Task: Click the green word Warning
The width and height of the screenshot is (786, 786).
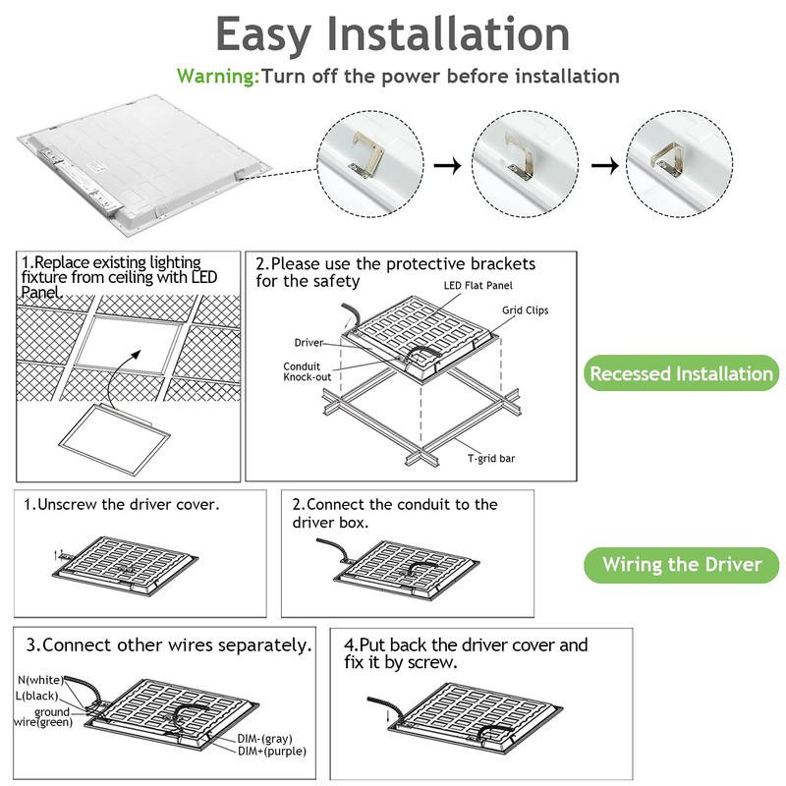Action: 217,76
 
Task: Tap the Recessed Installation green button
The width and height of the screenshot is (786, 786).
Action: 681,373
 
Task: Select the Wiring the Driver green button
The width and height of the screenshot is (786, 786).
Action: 681,564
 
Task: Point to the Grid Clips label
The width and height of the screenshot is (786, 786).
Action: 525,310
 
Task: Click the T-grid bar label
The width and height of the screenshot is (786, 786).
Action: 492,458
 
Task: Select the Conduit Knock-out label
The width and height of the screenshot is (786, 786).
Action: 303,370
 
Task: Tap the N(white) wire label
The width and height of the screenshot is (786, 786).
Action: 39,680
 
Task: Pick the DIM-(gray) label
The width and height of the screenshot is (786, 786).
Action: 264,738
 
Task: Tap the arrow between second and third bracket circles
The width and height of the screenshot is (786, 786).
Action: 609,165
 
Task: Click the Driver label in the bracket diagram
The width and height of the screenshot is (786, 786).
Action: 309,343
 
